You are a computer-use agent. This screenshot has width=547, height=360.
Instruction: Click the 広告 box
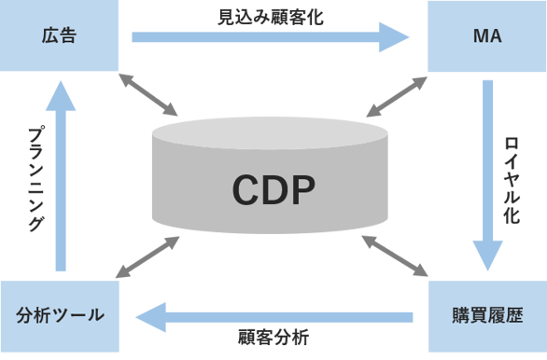[x=59, y=35]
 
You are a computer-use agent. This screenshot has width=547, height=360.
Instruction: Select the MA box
[x=487, y=35]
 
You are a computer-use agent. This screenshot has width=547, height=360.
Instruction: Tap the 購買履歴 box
[x=487, y=314]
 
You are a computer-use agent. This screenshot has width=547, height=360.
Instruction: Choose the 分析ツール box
[x=60, y=314]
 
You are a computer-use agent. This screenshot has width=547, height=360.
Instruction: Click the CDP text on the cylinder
[x=273, y=190]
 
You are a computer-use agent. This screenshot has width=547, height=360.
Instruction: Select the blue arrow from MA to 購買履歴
[x=487, y=168]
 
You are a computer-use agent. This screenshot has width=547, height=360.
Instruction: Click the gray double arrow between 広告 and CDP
[x=149, y=93]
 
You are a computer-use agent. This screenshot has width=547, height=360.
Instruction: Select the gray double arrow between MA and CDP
[x=396, y=96]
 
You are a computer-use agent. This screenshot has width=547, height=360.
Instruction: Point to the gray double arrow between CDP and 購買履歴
[x=394, y=256]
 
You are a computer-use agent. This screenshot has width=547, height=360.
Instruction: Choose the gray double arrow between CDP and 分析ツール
[x=147, y=256]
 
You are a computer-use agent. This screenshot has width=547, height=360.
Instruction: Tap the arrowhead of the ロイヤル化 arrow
[x=487, y=254]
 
